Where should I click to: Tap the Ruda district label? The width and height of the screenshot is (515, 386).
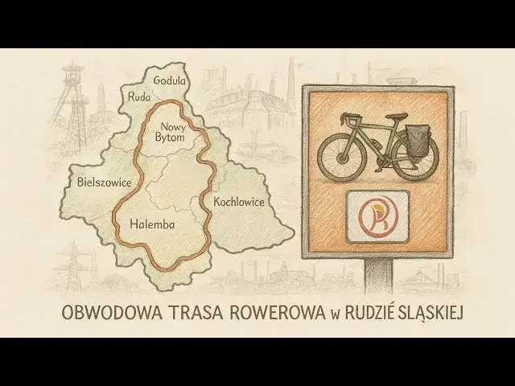coord(139,97)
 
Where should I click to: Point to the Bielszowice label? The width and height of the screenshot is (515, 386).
coord(104,183)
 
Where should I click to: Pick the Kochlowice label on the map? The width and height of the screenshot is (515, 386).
coord(238,201)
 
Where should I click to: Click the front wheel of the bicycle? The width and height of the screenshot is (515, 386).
coord(342,154)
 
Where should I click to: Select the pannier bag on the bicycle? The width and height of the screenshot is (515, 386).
coord(418,141)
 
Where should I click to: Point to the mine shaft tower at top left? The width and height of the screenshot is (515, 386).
coord(76,105)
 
